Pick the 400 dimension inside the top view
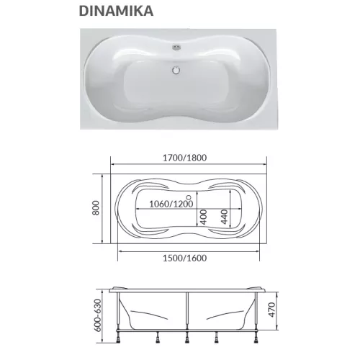[204, 216]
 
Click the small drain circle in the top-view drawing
[189, 197]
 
